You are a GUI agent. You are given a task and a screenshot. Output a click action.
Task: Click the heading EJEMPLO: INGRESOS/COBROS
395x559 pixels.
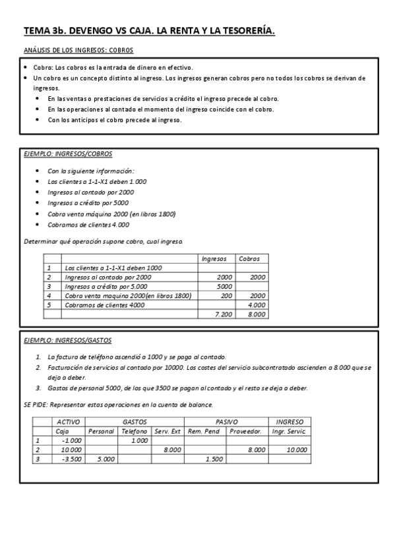click(68, 154)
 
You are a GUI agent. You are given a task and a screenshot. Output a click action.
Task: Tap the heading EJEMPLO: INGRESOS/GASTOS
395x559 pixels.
click(68, 340)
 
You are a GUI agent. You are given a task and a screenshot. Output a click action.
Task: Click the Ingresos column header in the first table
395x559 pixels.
click(214, 259)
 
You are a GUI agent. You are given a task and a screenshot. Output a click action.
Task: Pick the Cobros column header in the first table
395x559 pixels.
click(249, 259)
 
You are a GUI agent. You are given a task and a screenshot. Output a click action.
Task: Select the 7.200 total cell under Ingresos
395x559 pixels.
click(224, 314)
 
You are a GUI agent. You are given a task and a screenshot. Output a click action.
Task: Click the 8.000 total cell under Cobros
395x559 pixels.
click(256, 314)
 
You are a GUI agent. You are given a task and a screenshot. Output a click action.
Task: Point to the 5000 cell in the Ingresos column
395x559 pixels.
click(224, 287)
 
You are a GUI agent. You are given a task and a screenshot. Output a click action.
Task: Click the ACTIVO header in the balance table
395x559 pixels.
click(69, 422)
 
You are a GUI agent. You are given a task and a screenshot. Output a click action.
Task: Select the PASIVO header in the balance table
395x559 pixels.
click(227, 422)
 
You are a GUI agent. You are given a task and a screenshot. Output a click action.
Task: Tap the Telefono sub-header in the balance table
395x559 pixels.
click(135, 431)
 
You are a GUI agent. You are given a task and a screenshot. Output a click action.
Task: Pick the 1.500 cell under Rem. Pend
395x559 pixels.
click(215, 459)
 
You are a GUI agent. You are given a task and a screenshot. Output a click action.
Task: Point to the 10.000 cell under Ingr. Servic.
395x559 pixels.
click(297, 450)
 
